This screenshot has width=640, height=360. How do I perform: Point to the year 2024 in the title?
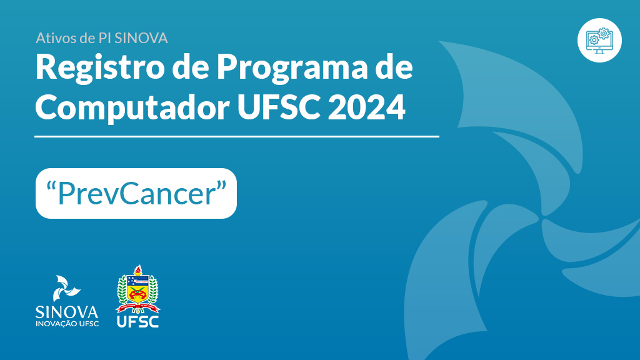tap(366, 107)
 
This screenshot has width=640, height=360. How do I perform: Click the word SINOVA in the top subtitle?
tap(141, 38)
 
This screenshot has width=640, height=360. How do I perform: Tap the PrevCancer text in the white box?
tap(136, 194)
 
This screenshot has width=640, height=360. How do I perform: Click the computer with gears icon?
tap(599, 40)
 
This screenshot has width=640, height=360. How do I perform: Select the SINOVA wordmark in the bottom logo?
tap(67, 312)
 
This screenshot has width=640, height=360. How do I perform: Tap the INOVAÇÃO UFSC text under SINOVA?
tap(67, 324)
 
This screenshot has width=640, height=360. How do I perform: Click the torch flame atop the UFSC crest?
tap(138, 269)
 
